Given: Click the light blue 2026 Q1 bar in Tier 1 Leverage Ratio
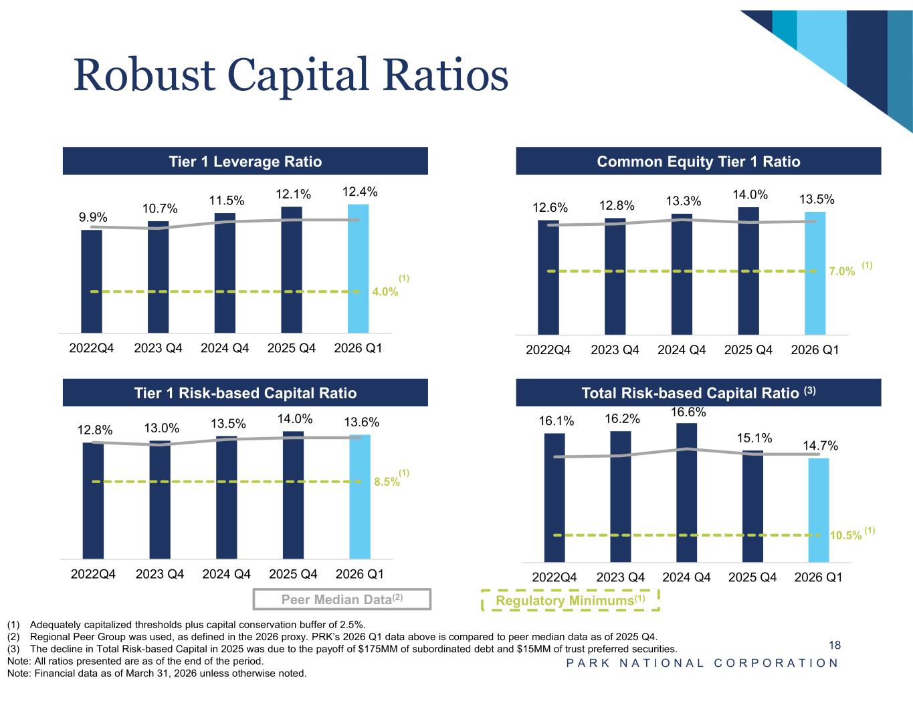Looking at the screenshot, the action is (x=358, y=269).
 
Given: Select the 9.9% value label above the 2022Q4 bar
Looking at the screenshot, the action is (x=93, y=217).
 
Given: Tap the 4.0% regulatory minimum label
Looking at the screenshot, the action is (x=385, y=291).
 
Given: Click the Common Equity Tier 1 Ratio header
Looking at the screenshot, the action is (x=698, y=161).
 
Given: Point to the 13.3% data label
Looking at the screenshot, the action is (x=683, y=201).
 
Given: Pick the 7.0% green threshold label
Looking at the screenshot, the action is (x=841, y=271).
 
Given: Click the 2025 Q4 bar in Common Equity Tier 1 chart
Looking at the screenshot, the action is (x=748, y=271).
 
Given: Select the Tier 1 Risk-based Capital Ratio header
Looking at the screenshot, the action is (x=245, y=393).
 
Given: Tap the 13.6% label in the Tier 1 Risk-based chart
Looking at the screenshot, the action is (x=361, y=422).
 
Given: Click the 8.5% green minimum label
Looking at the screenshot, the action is (x=387, y=482).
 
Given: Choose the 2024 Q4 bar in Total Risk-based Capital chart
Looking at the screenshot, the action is (x=686, y=492).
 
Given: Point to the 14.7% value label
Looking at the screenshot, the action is (x=820, y=445).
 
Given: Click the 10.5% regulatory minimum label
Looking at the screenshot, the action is (x=845, y=535).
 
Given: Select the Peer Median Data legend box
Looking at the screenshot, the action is (x=342, y=599).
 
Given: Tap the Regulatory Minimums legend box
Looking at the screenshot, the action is (x=570, y=600).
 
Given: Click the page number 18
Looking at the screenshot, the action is (x=835, y=645).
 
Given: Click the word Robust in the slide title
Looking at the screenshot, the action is (x=144, y=76).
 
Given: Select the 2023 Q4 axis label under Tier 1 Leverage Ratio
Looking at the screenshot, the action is (x=158, y=348).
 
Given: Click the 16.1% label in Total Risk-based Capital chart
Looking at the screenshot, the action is (x=556, y=421).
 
